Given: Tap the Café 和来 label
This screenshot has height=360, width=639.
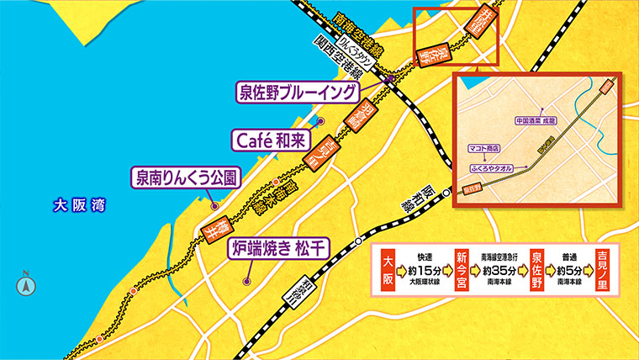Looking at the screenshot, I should (269, 136).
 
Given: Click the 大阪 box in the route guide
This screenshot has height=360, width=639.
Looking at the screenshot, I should (388, 269).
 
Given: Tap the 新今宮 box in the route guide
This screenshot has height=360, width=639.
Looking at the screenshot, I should (462, 269).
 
